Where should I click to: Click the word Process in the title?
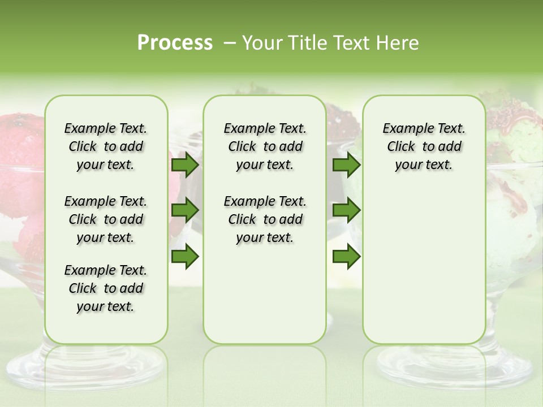coord(175,43)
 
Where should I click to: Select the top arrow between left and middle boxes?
coord(185,164)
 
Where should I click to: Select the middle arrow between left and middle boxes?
coord(185,210)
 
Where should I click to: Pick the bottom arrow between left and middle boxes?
coord(185,257)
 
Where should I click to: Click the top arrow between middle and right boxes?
coord(346,164)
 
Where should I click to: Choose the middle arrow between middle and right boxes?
coord(346,210)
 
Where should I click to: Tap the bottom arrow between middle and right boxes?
coord(346,257)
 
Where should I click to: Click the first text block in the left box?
coord(106,146)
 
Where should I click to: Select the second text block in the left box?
coord(106,219)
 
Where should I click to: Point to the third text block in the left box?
coord(106,288)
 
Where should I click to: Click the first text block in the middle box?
coord(265,146)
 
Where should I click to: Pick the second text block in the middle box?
coord(265,219)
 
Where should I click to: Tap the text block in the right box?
coord(424,146)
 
